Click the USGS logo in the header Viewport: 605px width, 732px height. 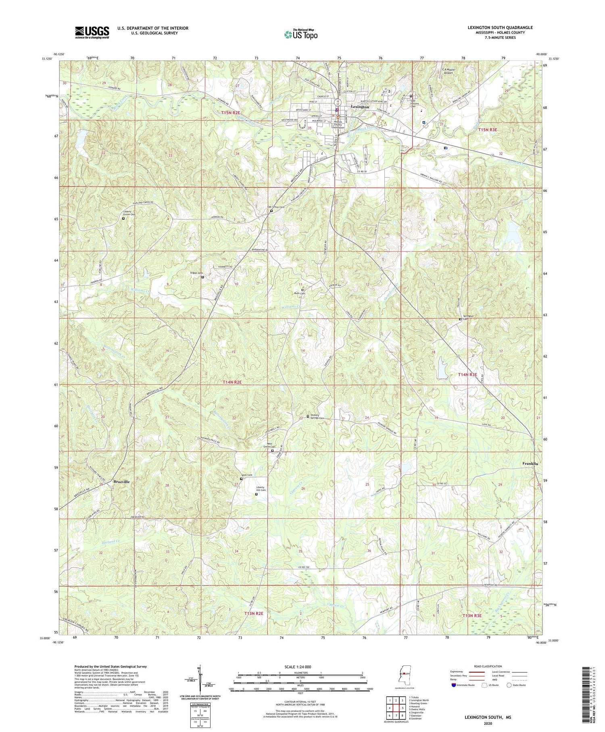click(92, 32)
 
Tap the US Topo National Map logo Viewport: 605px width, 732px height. click(300, 34)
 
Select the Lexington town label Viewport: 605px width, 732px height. click(360, 107)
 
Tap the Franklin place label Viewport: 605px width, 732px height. click(530, 464)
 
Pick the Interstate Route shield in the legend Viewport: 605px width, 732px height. click(454, 685)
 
